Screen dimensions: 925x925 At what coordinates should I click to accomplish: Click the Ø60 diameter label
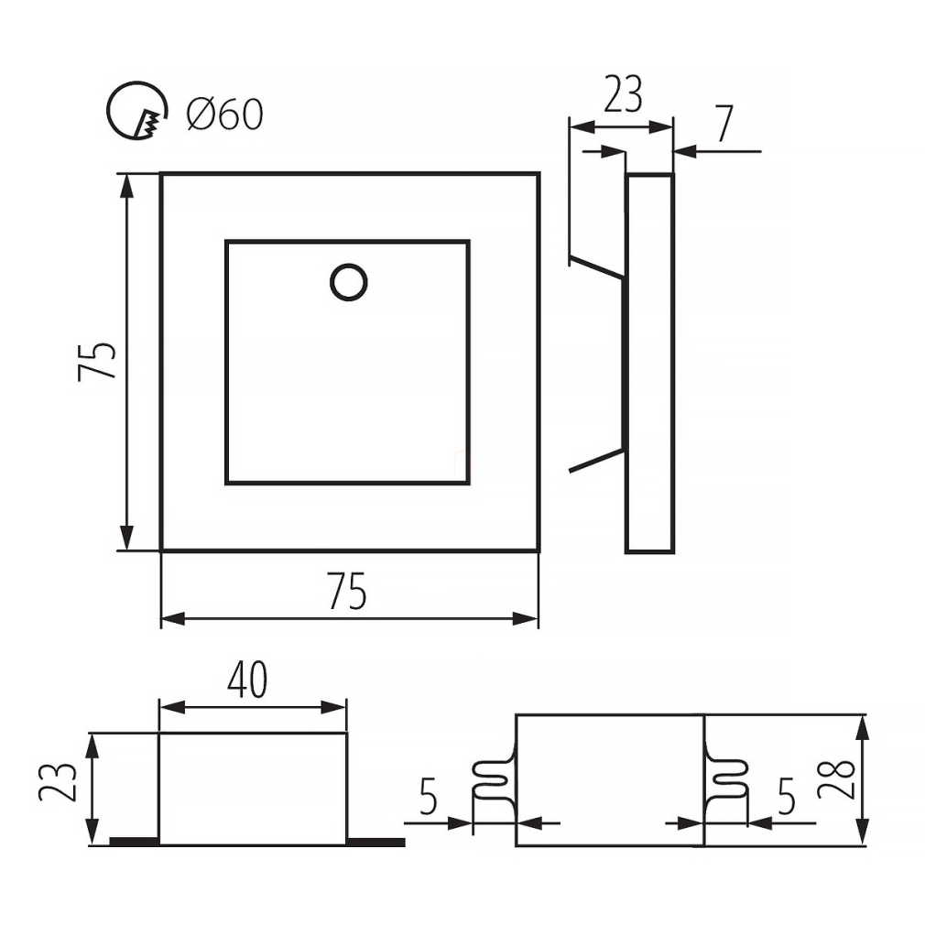224,114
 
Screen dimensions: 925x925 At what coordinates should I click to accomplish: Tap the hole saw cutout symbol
136,111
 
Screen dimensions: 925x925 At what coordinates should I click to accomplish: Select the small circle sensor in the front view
349,283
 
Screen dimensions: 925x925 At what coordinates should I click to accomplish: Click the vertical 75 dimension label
97,361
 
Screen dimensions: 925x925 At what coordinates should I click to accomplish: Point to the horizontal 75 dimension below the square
348,591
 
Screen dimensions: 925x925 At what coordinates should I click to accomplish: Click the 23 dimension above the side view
623,94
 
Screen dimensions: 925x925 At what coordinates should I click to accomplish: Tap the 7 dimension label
724,125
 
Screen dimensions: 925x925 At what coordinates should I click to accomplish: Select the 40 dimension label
248,680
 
